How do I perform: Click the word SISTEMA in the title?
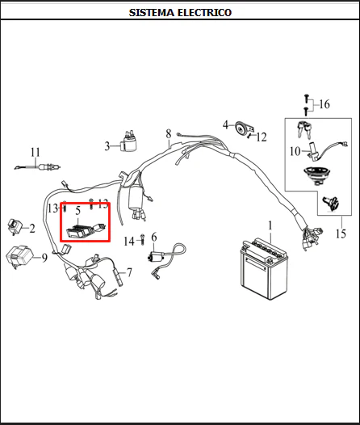[151, 12]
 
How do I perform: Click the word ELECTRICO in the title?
[205, 12]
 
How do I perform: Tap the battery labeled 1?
[264, 268]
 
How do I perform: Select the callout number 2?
[32, 229]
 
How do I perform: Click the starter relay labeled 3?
[128, 142]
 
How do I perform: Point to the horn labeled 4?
[242, 128]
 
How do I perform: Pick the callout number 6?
[154, 238]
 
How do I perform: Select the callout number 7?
[130, 272]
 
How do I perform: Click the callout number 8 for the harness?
[169, 133]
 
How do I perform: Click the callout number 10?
[295, 151]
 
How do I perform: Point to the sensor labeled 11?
[38, 167]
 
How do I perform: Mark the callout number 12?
[262, 137]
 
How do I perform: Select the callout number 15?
[341, 234]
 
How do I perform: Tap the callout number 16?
[324, 104]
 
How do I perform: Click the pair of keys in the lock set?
[304, 129]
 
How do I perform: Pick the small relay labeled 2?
[14, 226]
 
